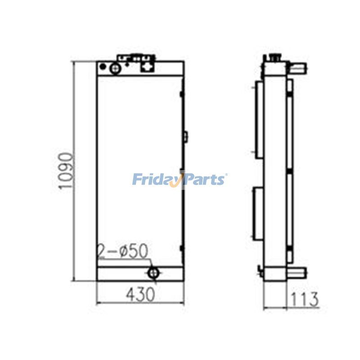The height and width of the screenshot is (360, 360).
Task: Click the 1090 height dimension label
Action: (66, 171)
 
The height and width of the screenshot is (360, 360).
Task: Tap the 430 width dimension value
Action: (140, 295)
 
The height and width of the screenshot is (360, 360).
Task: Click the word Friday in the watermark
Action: (156, 180)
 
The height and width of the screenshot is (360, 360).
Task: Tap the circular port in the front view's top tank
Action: (115, 68)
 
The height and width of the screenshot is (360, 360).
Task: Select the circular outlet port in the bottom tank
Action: (154, 272)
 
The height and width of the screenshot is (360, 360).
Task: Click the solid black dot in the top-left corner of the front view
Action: (103, 67)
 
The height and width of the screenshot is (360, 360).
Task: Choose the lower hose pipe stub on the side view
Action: (298, 272)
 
